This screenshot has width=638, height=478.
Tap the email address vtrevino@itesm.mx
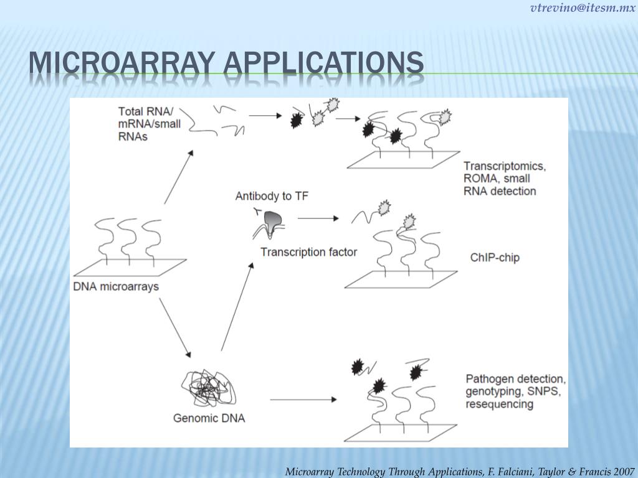tap(583, 8)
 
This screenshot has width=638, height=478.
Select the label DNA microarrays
tap(116, 287)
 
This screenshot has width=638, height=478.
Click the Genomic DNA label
tap(209, 418)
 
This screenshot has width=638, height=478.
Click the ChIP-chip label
tap(495, 257)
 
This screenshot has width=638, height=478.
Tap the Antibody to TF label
tap(272, 196)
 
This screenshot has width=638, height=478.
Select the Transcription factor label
tap(308, 252)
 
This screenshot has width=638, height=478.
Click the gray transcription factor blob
tap(272, 219)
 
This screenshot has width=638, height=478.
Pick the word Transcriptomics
tap(505, 166)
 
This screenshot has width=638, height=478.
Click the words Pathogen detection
tap(515, 378)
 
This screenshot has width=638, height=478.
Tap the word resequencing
tap(499, 405)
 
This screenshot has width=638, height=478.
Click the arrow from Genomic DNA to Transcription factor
tap(237, 305)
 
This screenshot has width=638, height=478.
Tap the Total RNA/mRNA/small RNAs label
tap(149, 124)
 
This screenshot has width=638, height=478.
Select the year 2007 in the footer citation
tap(624, 471)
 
